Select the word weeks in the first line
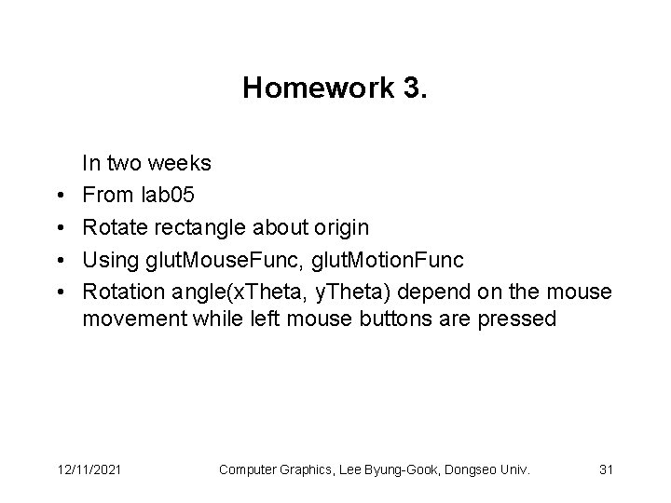[x=182, y=164]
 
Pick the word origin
[x=338, y=228]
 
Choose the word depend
[x=442, y=292]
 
